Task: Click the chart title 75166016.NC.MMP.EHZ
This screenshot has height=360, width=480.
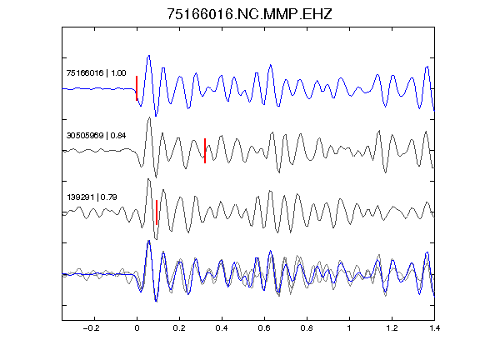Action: click(249, 14)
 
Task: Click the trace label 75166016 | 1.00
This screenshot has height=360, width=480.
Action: click(96, 72)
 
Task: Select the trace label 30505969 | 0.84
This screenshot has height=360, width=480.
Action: click(96, 135)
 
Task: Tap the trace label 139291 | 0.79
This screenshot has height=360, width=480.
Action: click(92, 197)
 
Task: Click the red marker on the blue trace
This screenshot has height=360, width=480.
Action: click(137, 88)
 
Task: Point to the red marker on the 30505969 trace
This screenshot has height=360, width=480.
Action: click(205, 151)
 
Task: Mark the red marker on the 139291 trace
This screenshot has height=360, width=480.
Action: click(157, 212)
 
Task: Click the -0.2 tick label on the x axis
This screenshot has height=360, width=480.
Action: click(92, 328)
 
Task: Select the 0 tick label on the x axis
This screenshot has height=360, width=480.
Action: click(137, 328)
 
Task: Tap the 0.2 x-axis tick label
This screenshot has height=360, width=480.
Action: click(179, 328)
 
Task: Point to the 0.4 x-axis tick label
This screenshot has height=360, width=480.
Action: click(222, 328)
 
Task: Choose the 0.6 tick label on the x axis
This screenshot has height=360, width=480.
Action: click(264, 328)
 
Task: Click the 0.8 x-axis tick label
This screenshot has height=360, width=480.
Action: click(307, 328)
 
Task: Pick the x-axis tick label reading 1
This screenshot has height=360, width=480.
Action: click(349, 328)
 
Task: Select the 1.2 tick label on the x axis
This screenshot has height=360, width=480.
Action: click(392, 328)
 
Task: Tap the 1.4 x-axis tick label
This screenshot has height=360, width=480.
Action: click(434, 328)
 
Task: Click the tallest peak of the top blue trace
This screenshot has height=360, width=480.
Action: click(149, 56)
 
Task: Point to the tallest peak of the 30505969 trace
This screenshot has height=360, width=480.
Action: click(149, 117)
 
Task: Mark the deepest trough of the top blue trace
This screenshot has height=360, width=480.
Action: click(156, 116)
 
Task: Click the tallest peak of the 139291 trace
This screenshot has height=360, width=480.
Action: click(148, 179)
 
